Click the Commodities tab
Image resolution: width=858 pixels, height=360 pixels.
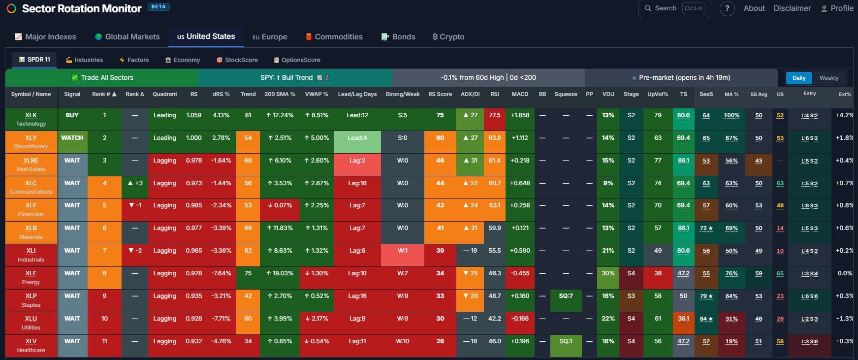[x=334, y=37]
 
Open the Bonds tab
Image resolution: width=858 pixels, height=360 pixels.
[x=398, y=37]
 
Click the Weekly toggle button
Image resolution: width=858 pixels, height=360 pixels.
[x=828, y=78]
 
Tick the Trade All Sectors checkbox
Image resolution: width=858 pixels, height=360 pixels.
[x=75, y=78]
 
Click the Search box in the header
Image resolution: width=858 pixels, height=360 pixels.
[x=674, y=8]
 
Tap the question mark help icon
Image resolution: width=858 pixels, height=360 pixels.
[x=727, y=8]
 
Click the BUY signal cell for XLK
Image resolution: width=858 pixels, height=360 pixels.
[x=72, y=115]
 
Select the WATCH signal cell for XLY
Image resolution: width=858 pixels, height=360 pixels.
[x=72, y=138]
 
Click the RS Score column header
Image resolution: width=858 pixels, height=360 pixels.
[x=440, y=94]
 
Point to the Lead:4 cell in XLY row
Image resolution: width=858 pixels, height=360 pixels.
[x=357, y=138]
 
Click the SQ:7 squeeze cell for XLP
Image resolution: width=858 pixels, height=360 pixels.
[x=566, y=296]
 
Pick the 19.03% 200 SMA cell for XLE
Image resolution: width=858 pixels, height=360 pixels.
[x=280, y=273]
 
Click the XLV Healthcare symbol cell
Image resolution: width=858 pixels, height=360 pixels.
[x=31, y=345]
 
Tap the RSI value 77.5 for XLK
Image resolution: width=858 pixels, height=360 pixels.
[x=494, y=115]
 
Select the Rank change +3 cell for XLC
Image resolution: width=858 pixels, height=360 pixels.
[x=135, y=183]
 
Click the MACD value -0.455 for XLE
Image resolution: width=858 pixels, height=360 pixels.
[x=520, y=273]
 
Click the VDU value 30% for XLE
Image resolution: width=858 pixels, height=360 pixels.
[x=608, y=273]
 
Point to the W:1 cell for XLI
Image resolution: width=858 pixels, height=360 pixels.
[x=402, y=251]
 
